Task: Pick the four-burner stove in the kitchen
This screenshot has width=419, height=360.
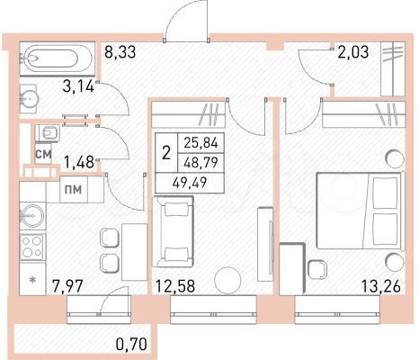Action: click(33, 246)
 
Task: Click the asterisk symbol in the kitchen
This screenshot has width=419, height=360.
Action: click(33, 281)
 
